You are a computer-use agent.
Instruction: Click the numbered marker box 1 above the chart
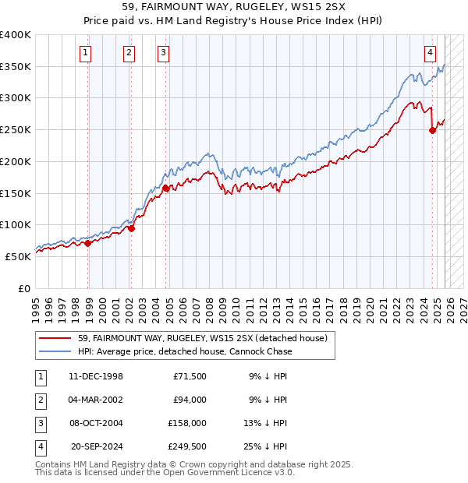pos(84,53)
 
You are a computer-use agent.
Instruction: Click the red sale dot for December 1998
pos(88,242)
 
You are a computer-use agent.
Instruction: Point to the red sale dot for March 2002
pos(131,228)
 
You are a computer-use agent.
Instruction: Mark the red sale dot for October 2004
pos(166,187)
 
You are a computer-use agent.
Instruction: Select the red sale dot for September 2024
pos(432,130)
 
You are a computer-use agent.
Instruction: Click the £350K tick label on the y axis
pos(16,66)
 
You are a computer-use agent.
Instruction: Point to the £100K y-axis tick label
pos(16,224)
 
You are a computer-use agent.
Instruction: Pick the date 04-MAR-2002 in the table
pos(96,400)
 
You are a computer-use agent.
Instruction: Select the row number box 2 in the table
pos(40,400)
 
